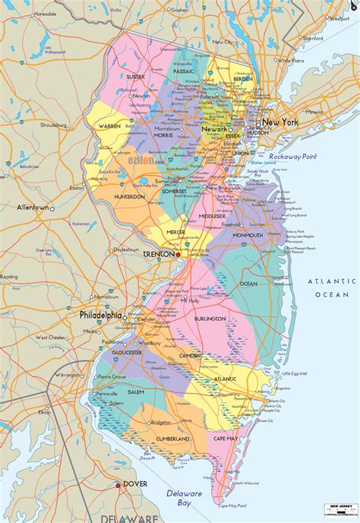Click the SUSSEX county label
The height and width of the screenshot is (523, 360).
135,77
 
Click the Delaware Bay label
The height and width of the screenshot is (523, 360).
186,498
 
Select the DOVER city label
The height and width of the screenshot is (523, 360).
137,483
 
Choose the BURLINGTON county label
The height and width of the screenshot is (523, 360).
209,319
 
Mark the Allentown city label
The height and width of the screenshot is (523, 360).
33,208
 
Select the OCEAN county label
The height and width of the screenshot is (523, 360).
248,284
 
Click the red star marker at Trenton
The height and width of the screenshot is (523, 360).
178,255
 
